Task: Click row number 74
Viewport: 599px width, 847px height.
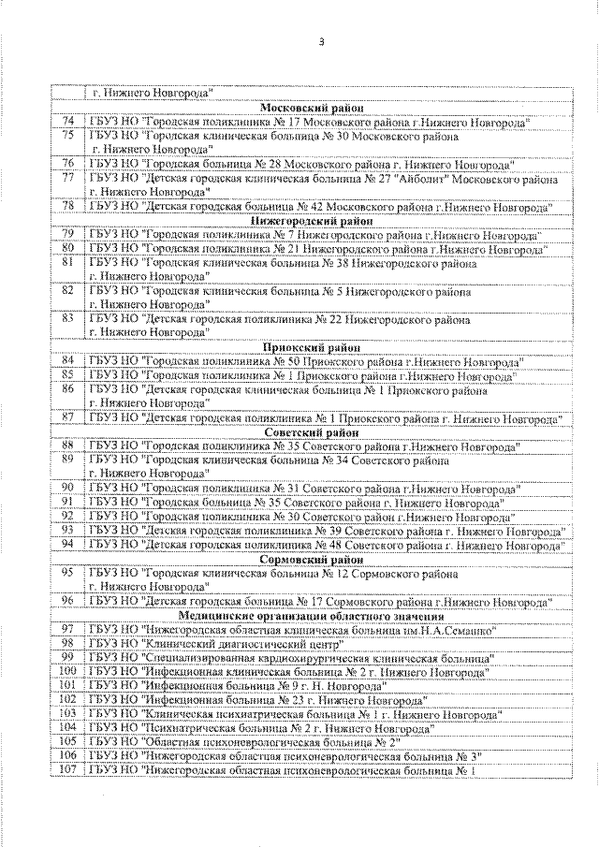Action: tap(67, 122)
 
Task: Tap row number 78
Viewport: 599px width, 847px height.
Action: tap(67, 205)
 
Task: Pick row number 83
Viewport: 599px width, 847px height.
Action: tap(67, 317)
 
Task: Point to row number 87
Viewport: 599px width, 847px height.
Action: tap(67, 416)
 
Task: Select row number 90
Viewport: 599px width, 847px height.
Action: tap(67, 488)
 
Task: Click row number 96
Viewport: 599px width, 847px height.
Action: tap(67, 600)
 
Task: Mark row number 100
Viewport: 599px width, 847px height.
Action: tap(67, 670)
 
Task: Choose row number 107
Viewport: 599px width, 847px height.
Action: tap(67, 769)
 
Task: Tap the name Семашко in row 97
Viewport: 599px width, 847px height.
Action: tap(464, 629)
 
